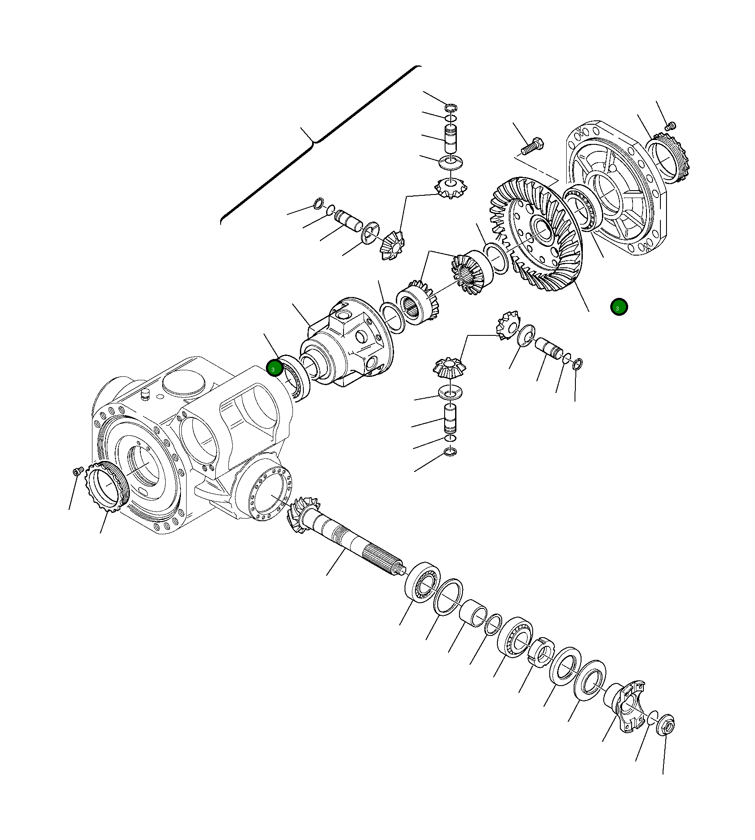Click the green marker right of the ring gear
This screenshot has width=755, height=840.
coord(619,307)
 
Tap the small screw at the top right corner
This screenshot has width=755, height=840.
coord(670,126)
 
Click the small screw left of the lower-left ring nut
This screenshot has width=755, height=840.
coord(78,471)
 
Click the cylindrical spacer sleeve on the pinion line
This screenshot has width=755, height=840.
coord(473,612)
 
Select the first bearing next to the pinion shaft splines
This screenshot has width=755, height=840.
coord(422,582)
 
